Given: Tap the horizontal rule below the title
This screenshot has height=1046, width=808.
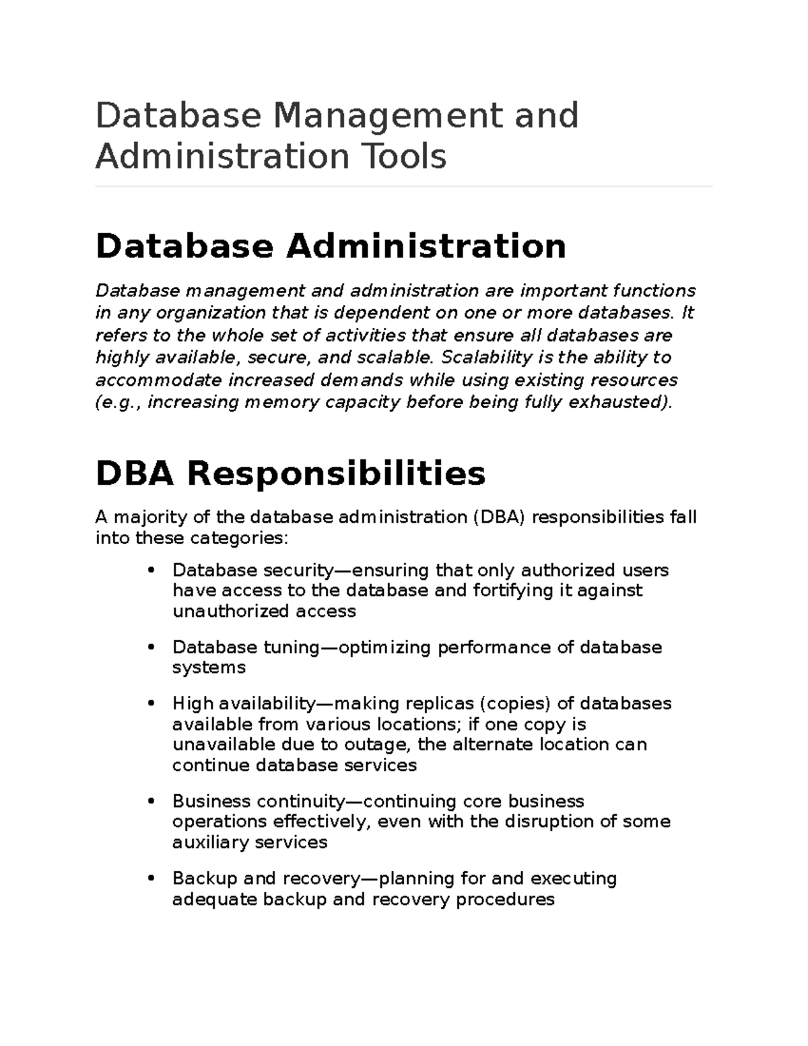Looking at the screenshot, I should pyautogui.click(x=404, y=187).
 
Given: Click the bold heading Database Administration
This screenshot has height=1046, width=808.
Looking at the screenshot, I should pyautogui.click(x=331, y=246).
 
